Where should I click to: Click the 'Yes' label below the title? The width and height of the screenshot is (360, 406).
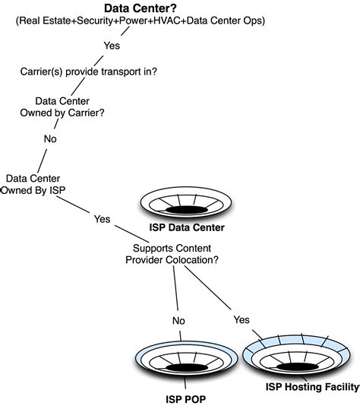[112, 45]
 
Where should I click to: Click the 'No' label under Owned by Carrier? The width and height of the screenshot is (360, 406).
[51, 139]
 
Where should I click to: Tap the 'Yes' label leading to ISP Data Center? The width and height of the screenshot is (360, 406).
[102, 219]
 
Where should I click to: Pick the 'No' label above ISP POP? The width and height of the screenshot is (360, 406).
[178, 320]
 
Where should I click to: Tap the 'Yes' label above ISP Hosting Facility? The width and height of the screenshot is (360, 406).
[242, 319]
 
